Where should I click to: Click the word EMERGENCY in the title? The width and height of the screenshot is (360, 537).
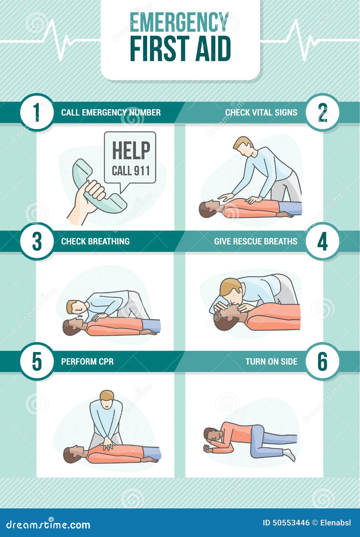(180, 22)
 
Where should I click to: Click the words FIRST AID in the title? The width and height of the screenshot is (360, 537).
(180, 49)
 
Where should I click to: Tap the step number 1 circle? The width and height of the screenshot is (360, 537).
(37, 112)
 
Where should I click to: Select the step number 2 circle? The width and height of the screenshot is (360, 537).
(323, 112)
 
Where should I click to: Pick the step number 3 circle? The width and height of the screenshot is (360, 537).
(37, 241)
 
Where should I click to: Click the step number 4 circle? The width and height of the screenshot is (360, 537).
(323, 241)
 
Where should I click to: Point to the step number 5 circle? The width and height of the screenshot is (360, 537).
(37, 361)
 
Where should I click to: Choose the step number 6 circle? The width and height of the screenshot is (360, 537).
(323, 361)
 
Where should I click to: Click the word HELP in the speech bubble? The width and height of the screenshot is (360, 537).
(131, 151)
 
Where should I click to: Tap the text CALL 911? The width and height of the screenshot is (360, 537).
(131, 171)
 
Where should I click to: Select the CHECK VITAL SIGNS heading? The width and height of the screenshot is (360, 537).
(261, 112)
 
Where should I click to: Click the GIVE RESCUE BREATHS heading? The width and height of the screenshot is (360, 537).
(255, 241)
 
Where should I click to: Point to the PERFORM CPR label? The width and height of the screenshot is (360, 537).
(87, 362)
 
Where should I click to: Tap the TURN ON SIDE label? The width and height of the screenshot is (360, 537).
(271, 362)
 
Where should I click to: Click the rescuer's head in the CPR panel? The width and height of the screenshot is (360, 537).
(107, 400)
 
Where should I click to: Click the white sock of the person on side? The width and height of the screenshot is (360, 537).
(290, 455)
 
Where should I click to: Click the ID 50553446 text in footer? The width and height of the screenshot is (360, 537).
(286, 523)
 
